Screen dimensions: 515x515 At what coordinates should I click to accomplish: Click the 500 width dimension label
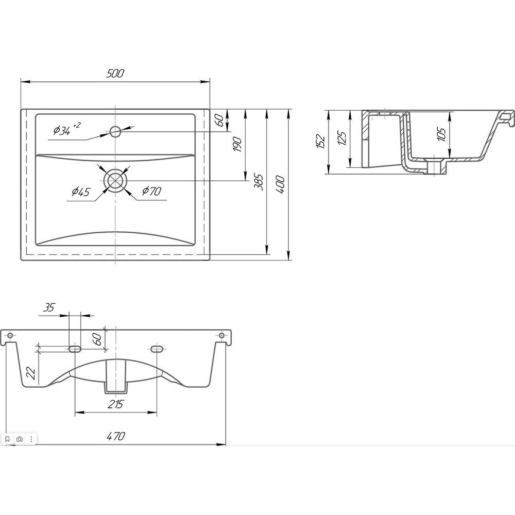[x=115, y=73]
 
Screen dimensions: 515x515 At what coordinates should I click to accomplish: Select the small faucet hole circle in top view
[x=115, y=132]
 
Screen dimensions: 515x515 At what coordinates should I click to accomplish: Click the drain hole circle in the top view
[x=115, y=180]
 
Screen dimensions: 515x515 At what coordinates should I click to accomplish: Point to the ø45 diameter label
[x=81, y=191]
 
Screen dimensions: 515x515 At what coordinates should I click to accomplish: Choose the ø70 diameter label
[x=151, y=191]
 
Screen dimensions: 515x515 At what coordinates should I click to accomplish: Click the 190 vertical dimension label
[x=237, y=145]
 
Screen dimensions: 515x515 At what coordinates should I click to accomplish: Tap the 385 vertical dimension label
[x=260, y=182]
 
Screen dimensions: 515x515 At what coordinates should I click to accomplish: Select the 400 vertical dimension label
[x=280, y=184]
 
